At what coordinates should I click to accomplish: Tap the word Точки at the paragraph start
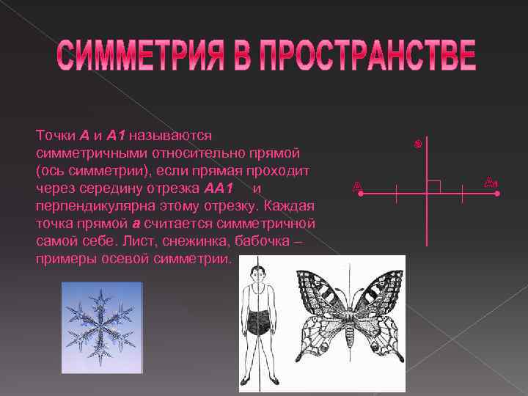pos(54,136)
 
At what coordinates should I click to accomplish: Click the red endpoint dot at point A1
pos(496,194)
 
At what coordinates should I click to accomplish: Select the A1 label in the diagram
pos(491,181)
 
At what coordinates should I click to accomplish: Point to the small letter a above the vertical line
pos(417,144)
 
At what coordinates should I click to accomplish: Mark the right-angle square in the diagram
pos(433,186)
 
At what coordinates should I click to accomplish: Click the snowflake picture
pos(98,320)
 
